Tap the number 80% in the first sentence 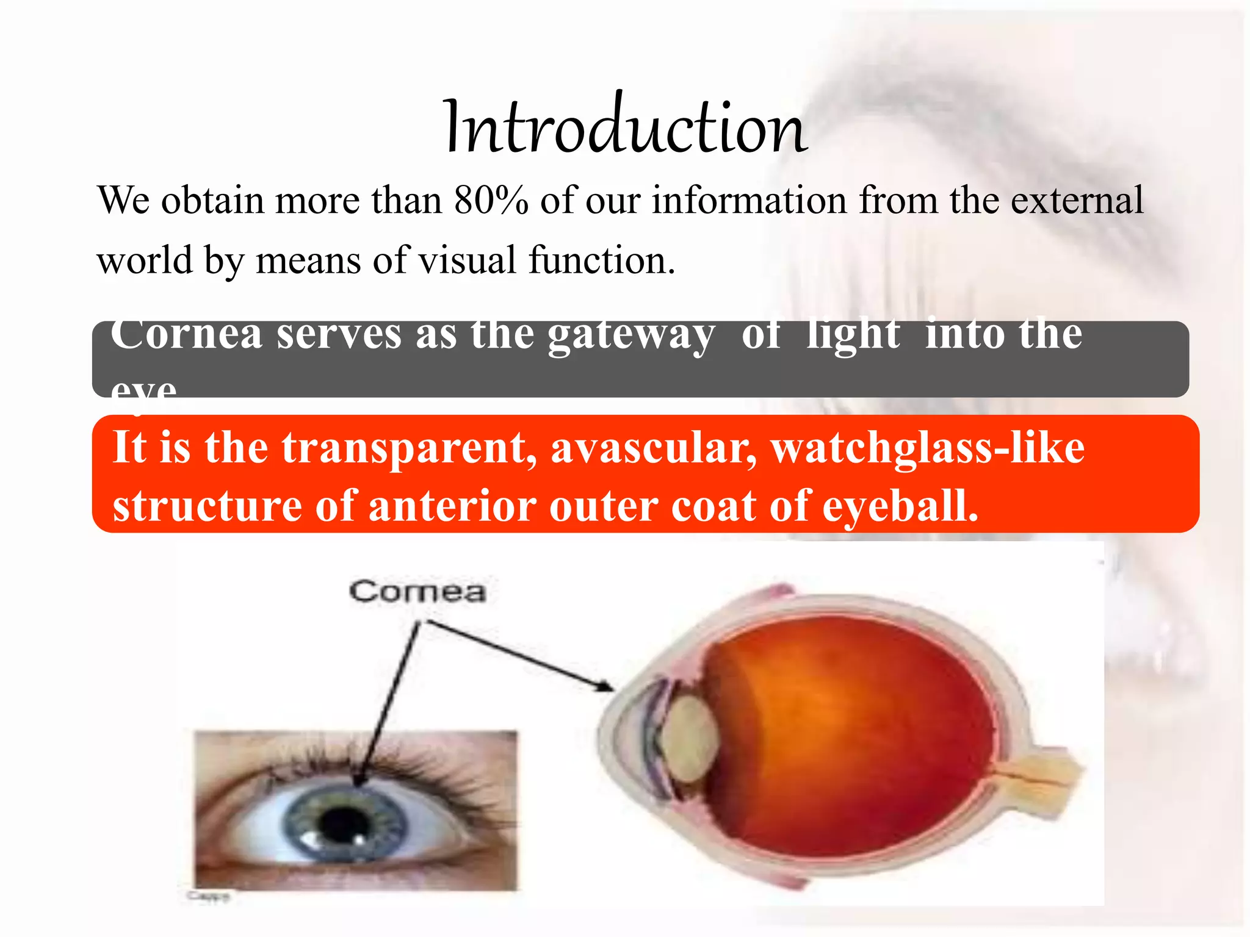pos(491,200)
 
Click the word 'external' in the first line pos(1077,200)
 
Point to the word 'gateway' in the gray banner pos(630,336)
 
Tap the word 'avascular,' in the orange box pos(654,448)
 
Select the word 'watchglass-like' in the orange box pos(928,448)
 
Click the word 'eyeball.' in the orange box pos(900,506)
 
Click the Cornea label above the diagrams pos(417,592)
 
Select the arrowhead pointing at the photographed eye pos(358,781)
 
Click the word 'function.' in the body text pos(602,260)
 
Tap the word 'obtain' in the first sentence pos(212,200)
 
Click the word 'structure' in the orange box pos(208,506)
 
